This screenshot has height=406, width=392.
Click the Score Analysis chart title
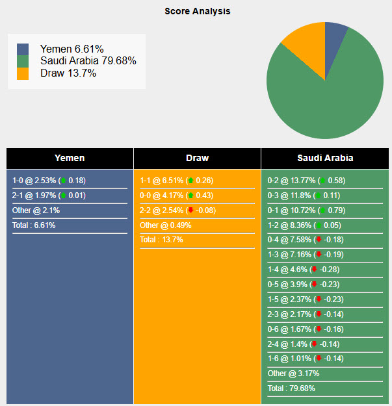[x=197, y=11]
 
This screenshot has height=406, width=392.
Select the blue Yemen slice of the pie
[x=335, y=34]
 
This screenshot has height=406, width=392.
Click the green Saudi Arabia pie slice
[x=332, y=91]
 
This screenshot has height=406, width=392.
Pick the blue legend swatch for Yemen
[x=23, y=49]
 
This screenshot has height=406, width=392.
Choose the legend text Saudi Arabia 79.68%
[x=88, y=61]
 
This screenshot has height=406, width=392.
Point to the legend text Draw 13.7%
[x=68, y=73]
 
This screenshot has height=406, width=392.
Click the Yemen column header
[x=70, y=158]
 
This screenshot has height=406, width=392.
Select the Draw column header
[x=197, y=158]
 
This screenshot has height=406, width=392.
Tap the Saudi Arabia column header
[x=325, y=158]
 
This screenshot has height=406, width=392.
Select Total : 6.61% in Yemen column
[x=34, y=225]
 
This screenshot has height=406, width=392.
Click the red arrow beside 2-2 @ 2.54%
[x=190, y=210]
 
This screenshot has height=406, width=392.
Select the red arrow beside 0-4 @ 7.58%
[x=318, y=240]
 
